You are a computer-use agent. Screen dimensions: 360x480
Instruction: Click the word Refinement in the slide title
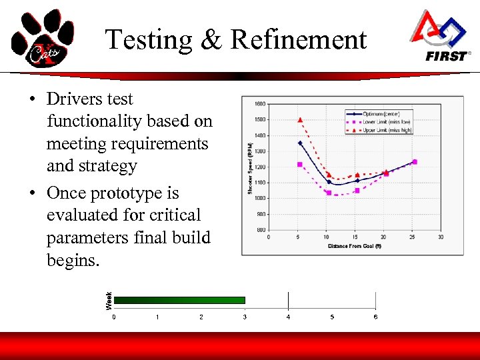coord(298,40)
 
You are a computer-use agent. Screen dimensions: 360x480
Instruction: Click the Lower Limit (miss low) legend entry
coord(387,121)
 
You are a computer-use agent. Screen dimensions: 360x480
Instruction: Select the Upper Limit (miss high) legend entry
coord(387,130)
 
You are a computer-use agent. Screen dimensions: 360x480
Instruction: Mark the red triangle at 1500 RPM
coord(300,120)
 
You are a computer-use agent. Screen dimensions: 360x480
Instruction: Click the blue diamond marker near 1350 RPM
coord(300,143)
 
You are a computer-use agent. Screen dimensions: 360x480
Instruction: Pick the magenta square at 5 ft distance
coord(300,164)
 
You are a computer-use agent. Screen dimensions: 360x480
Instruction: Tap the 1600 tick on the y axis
coord(259,103)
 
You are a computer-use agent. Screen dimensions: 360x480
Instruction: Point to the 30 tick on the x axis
coord(441,237)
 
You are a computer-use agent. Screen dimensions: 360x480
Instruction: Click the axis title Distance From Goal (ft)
coord(354,246)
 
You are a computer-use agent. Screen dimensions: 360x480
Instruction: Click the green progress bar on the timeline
coord(180,300)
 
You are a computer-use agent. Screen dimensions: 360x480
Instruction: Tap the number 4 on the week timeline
coord(288,317)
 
